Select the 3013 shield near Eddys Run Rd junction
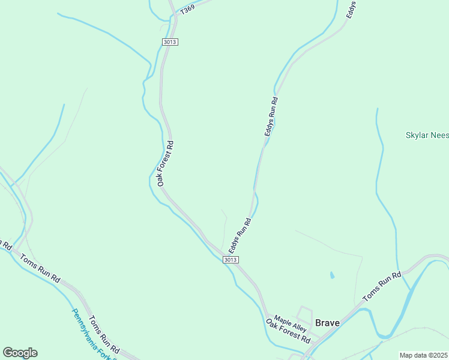coord(231,259)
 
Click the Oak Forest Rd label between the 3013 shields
coord(166,163)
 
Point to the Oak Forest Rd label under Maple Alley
coord(288,331)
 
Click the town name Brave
coord(328,323)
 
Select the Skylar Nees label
coord(427,136)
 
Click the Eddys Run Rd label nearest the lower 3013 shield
coord(239,235)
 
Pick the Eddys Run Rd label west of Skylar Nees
coord(271,116)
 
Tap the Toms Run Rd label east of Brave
coord(382,287)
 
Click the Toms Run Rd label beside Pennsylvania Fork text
coord(104,335)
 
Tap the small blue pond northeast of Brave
coord(331,276)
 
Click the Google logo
coord(20,353)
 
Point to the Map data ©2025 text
coord(423,355)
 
